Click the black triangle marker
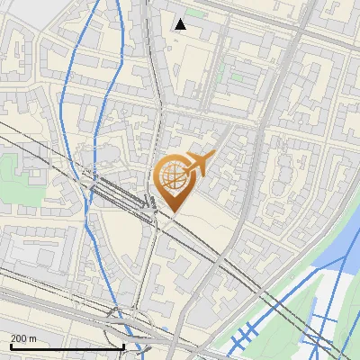click(181, 24)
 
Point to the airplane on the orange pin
click(197, 164)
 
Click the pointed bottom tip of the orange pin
click(173, 212)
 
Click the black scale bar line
click(67, 346)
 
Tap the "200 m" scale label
click(24, 338)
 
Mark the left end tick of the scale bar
click(11, 345)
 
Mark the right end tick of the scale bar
click(123, 345)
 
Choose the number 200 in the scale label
click(20, 338)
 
